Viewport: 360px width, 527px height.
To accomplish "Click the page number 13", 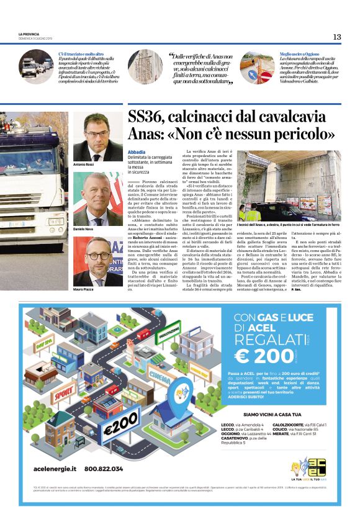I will pos(336,37).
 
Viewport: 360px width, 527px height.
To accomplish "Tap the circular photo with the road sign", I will pos(257,67).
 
